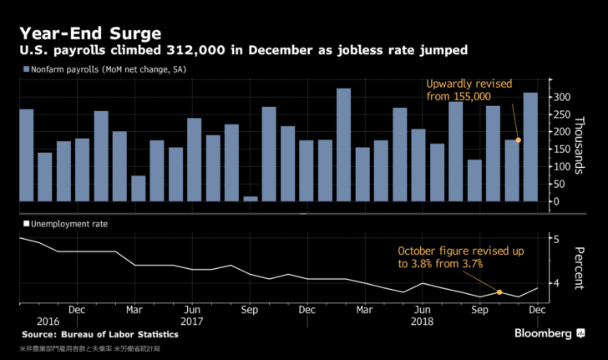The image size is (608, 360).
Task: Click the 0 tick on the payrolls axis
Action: (x=555, y=201)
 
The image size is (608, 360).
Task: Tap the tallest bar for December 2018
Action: (x=530, y=147)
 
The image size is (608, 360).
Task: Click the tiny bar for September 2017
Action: (x=250, y=198)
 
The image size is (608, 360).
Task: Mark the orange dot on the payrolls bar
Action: (x=519, y=139)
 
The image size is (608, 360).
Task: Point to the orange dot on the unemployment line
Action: (x=499, y=292)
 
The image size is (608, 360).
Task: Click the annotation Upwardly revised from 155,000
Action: (x=469, y=91)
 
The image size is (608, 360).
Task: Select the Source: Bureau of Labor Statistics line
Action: (x=99, y=334)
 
